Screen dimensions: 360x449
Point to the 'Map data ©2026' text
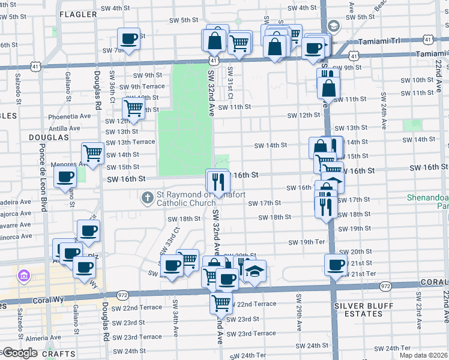tap(424, 355)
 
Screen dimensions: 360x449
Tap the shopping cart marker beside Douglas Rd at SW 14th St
tap(92, 153)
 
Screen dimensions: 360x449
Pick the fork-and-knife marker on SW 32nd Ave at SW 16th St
tap(217, 181)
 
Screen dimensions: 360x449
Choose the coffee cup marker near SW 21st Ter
tap(336, 264)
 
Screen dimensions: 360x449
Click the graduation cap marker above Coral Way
tap(255, 271)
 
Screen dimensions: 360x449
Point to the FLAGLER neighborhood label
tap(79, 14)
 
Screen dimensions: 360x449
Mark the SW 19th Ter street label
tap(306, 242)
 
